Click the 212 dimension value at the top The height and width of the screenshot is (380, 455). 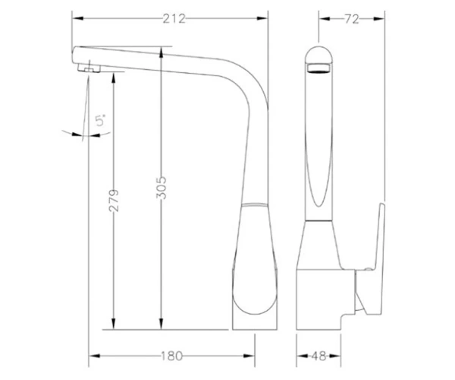[x=174, y=19]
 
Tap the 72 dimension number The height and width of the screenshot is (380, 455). [x=352, y=19]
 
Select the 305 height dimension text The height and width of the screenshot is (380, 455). [x=162, y=188]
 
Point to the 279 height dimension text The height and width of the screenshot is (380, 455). [x=114, y=201]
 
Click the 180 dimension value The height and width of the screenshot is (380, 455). [x=171, y=356]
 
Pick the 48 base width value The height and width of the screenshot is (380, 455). [x=318, y=356]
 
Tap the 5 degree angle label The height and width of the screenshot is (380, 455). [x=101, y=120]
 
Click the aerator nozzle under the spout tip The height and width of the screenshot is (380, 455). [x=89, y=68]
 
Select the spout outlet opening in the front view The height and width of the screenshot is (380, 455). [x=318, y=68]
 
